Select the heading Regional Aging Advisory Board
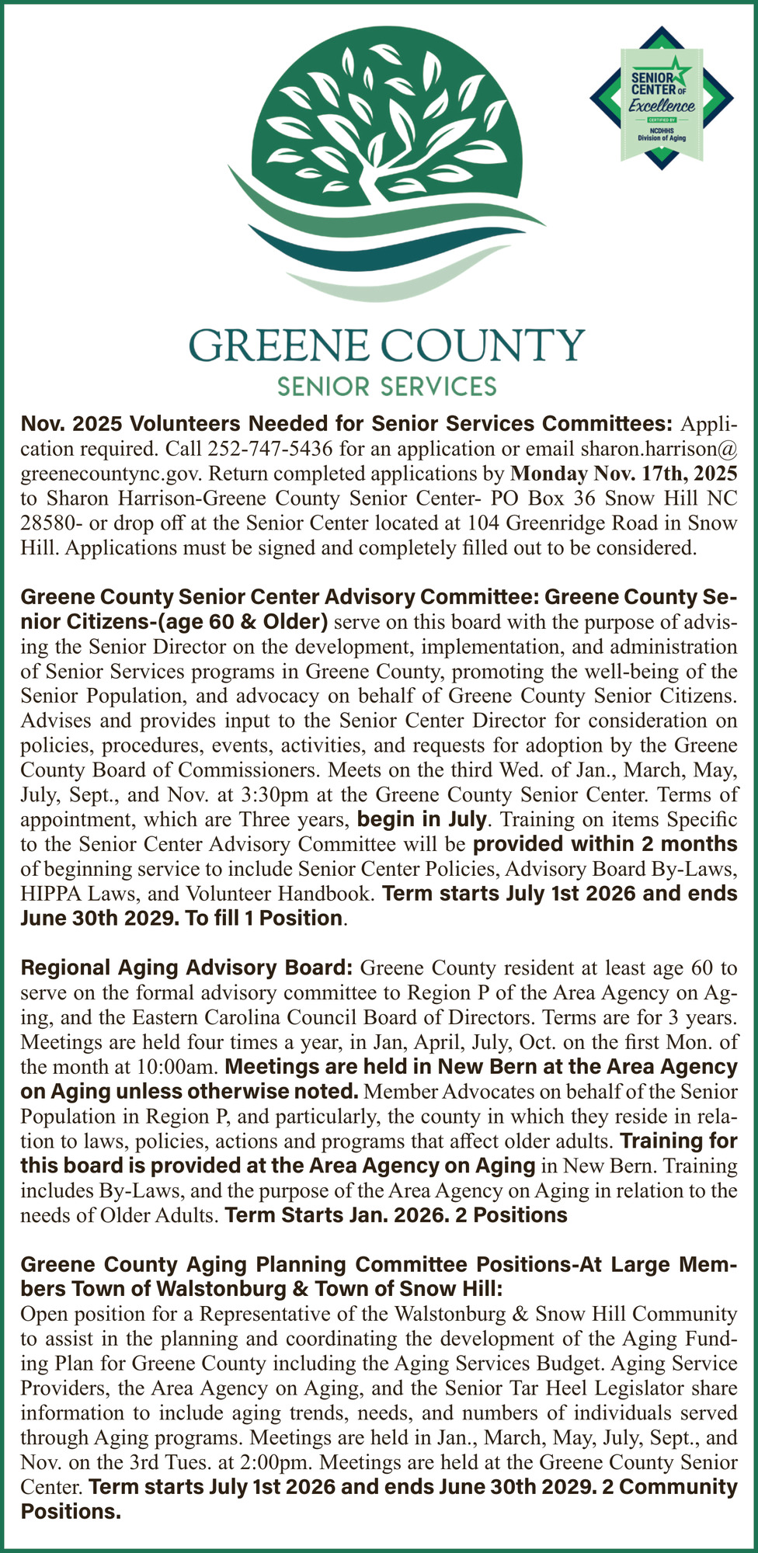tap(186, 968)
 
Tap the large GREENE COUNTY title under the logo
tap(385, 346)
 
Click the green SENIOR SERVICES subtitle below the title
tap(387, 385)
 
